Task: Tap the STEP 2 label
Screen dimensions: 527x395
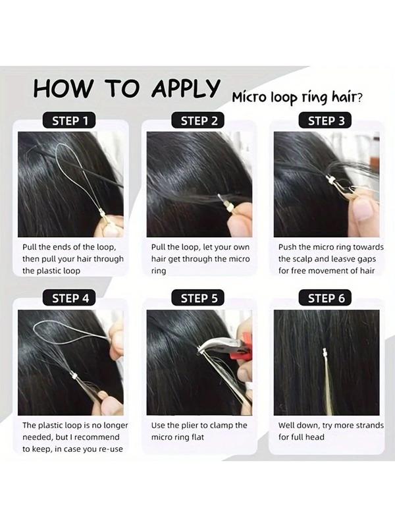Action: (x=199, y=121)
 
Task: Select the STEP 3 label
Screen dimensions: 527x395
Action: (x=326, y=121)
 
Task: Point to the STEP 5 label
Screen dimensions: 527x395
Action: (x=199, y=298)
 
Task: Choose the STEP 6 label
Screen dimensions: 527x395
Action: (x=326, y=298)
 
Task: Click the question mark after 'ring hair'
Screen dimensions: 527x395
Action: (x=358, y=97)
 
